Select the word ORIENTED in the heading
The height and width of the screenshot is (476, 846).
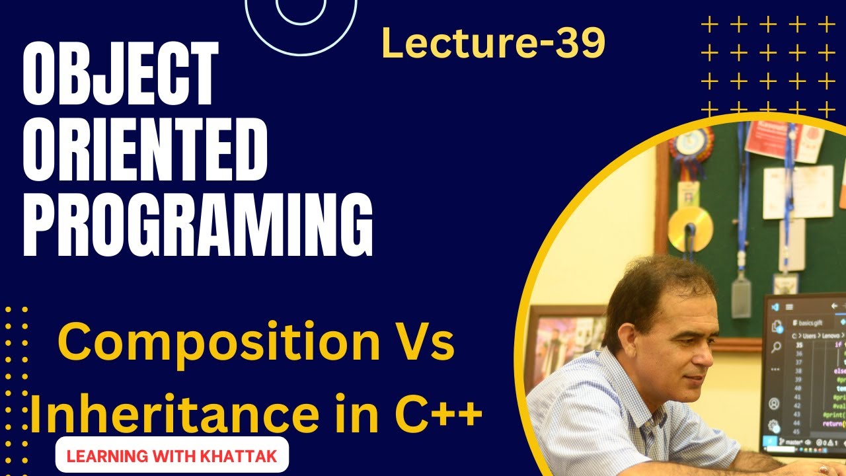coord(145,153)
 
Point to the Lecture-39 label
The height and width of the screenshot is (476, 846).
coord(493,44)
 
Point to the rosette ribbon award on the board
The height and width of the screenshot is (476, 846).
coord(690,149)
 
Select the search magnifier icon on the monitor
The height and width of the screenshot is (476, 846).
coord(775,347)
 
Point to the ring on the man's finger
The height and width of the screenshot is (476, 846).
coord(824,468)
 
